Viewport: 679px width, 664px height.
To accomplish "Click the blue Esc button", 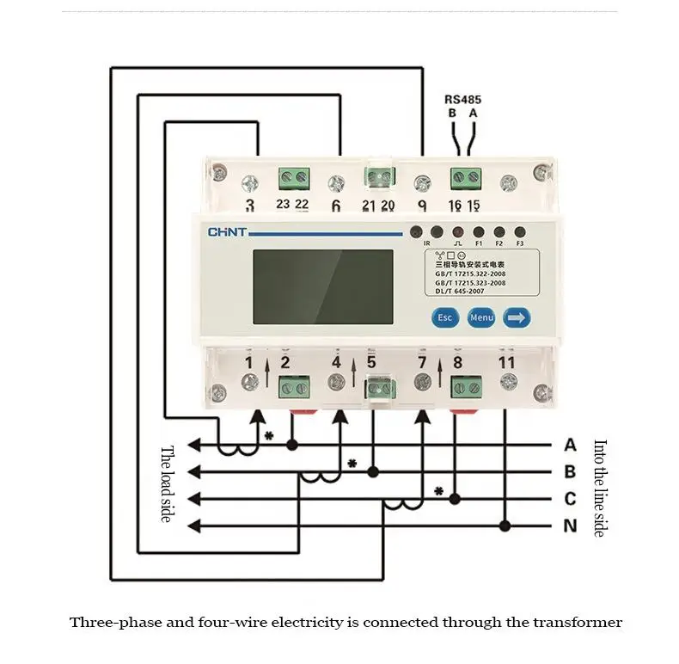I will [444, 317].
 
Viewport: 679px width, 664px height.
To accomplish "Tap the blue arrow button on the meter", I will [517, 317].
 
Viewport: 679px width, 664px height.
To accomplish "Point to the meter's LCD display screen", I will [322, 286].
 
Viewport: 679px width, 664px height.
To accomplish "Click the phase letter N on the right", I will [570, 526].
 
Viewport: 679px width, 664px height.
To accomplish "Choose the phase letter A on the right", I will [570, 445].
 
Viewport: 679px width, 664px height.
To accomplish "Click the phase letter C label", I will [570, 499].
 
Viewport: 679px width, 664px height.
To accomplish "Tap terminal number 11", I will [507, 362].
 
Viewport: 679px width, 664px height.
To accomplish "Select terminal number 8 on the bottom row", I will [457, 362].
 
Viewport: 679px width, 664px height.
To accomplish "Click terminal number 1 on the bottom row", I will [248, 362].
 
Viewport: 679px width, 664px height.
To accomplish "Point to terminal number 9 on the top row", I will [422, 206].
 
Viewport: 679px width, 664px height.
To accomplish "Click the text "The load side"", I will [168, 484].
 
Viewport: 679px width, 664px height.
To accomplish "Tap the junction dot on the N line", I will [505, 526].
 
